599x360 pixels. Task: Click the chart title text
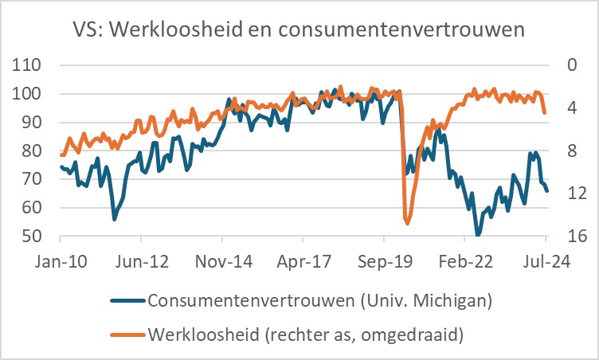pos(299,31)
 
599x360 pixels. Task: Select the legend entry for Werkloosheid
pos(306,335)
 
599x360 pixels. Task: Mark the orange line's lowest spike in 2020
pos(407,224)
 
